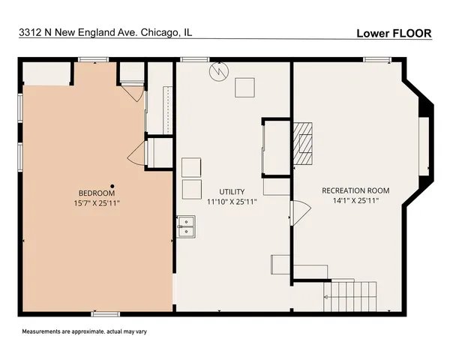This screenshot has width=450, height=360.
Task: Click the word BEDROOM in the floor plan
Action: tap(94, 193)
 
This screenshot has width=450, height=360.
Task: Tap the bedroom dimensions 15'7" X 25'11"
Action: tap(97, 202)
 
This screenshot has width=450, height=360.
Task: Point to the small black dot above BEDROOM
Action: tap(111, 185)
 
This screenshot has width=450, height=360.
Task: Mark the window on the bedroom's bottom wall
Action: tap(106, 313)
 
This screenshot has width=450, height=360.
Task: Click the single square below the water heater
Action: tap(244, 88)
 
